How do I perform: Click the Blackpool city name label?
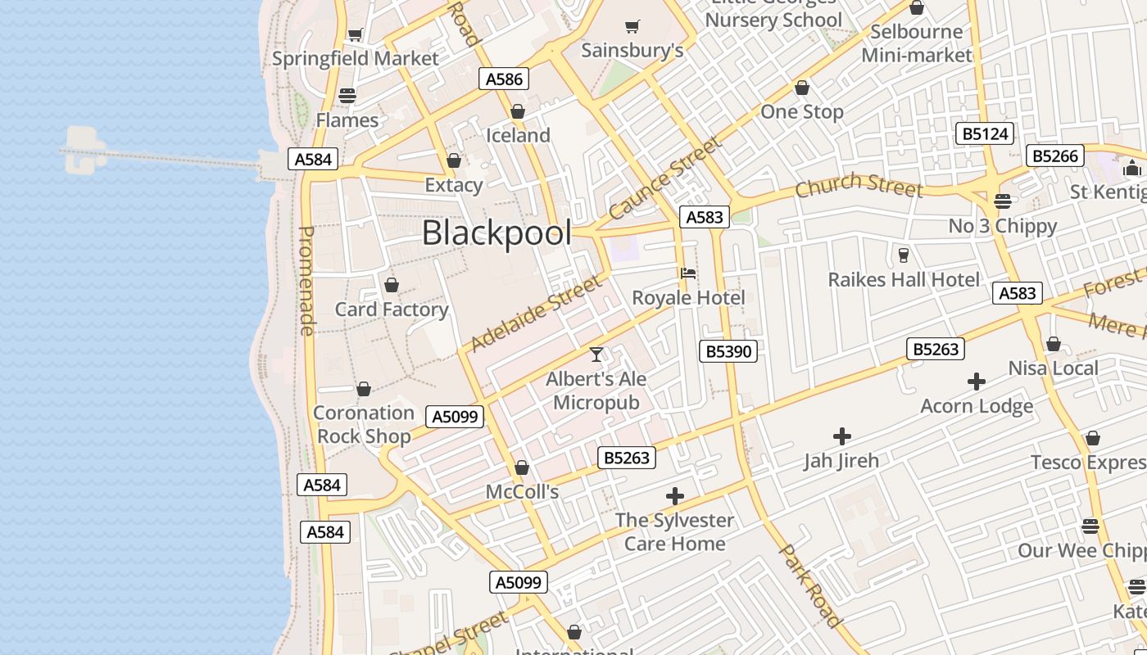(496, 233)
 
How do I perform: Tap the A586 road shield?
(504, 79)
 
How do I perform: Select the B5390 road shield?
(728, 351)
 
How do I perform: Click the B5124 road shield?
(984, 133)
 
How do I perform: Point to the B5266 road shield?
(1056, 156)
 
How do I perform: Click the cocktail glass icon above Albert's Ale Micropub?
(596, 354)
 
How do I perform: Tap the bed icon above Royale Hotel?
(688, 273)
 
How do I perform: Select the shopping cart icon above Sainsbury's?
(632, 26)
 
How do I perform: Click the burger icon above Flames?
(347, 96)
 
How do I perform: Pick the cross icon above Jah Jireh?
(841, 436)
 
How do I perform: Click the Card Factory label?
(392, 309)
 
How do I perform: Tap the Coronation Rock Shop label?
(364, 424)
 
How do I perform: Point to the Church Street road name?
(859, 186)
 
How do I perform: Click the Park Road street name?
(809, 586)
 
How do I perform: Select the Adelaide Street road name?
(536, 314)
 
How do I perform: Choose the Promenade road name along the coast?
(306, 281)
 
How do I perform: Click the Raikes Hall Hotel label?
(904, 279)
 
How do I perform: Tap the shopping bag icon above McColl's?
(522, 468)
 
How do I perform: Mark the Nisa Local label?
(1053, 368)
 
